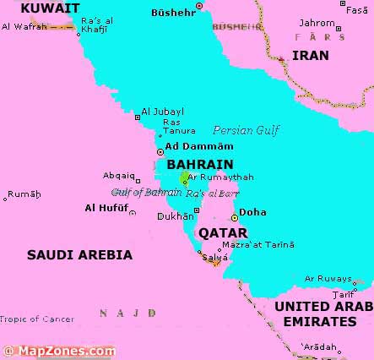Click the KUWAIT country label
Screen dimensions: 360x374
pyautogui.click(x=50, y=8)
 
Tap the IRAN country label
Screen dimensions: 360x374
pyautogui.click(x=311, y=55)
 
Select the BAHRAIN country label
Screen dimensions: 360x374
pyautogui.click(x=200, y=164)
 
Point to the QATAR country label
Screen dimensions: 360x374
pyautogui.click(x=223, y=232)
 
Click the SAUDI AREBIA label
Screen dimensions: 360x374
pyautogui.click(x=79, y=254)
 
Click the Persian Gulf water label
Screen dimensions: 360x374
pyautogui.click(x=247, y=131)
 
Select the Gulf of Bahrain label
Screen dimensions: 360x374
pyautogui.click(x=146, y=193)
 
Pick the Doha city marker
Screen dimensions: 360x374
pyautogui.click(x=235, y=217)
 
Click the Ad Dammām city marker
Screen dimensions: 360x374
pyautogui.click(x=160, y=151)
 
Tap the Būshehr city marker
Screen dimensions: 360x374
pyautogui.click(x=199, y=6)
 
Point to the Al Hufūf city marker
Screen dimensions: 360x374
pyautogui.click(x=132, y=213)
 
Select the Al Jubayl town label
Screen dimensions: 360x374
pyautogui.click(x=162, y=111)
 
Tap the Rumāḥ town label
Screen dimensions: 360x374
pyautogui.click(x=24, y=194)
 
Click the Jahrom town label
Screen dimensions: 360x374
pyautogui.click(x=317, y=23)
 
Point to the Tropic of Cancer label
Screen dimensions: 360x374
pyautogui.click(x=37, y=319)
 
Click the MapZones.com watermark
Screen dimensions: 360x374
pyautogui.click(x=59, y=351)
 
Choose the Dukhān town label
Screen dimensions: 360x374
pyautogui.click(x=176, y=216)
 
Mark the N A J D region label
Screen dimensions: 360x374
pyautogui.click(x=127, y=313)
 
